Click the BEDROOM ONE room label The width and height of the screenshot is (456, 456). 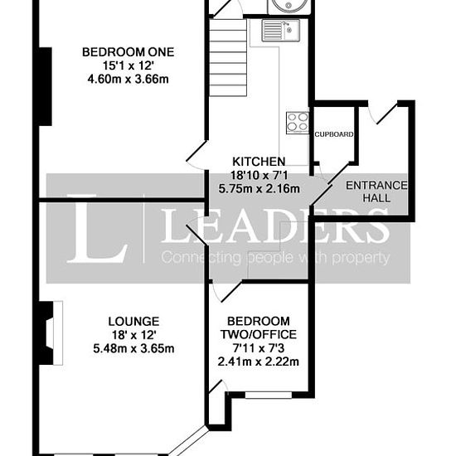[129, 52]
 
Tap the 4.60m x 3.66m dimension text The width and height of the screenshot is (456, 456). [129, 79]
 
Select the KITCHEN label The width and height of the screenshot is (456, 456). [259, 162]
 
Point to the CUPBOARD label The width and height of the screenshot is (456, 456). [334, 134]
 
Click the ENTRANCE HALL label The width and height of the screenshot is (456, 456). [376, 192]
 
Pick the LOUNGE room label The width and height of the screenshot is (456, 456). [133, 322]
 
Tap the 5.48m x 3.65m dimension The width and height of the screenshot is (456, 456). [133, 348]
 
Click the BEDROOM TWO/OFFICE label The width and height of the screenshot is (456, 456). [259, 327]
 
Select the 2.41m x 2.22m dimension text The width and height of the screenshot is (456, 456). [259, 361]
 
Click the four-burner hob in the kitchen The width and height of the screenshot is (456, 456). [297, 123]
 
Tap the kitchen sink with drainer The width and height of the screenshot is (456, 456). [280, 30]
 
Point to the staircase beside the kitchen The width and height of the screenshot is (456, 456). [228, 57]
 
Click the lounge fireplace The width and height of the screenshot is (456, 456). [51, 333]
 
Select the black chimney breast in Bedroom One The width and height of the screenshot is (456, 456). [46, 86]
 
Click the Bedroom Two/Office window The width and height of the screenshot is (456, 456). [269, 395]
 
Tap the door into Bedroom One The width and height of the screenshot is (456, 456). [196, 155]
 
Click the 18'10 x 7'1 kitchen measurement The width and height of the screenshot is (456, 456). [259, 175]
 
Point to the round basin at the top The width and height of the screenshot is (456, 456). [289, 5]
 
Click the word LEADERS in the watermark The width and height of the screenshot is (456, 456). [274, 225]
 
